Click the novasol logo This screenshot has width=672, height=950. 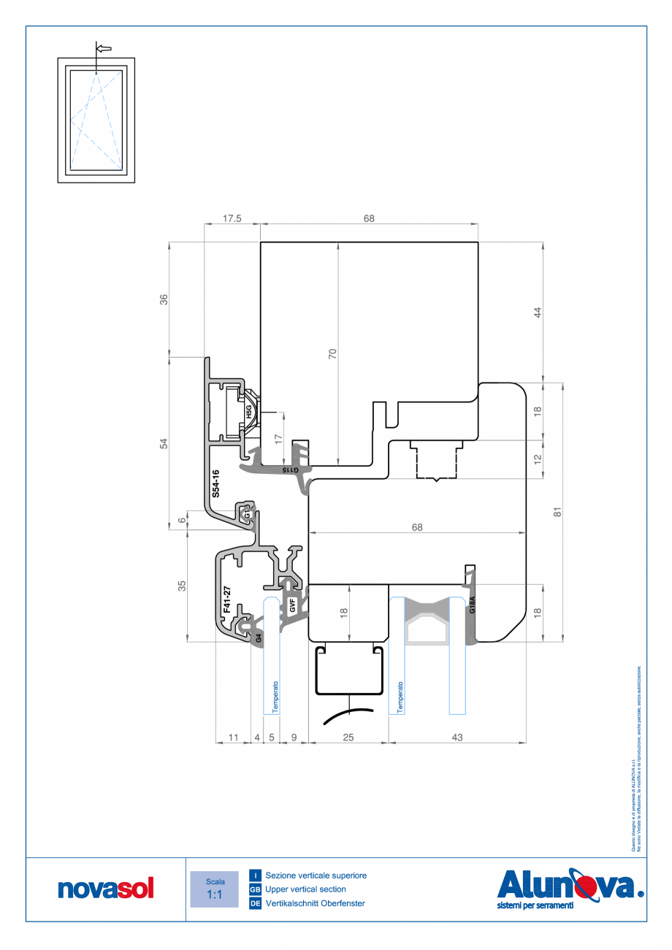point(106,889)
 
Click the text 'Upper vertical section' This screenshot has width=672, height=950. point(305,889)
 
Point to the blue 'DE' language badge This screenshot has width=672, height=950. point(256,903)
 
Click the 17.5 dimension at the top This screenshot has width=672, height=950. point(232,218)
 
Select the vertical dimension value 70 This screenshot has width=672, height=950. point(332,354)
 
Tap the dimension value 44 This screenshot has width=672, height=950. point(538,312)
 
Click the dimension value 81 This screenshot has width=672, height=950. point(557,512)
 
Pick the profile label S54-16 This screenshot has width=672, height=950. point(215,484)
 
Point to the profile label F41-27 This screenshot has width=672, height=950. point(226,599)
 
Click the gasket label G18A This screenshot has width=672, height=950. point(473,604)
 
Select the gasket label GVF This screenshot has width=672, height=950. point(292,605)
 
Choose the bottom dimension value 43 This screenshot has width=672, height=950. point(457,738)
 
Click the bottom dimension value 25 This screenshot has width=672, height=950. point(348,738)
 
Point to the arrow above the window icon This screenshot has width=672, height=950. point(103,48)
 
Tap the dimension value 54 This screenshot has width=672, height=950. point(164,443)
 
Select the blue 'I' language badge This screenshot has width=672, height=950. point(256,875)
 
